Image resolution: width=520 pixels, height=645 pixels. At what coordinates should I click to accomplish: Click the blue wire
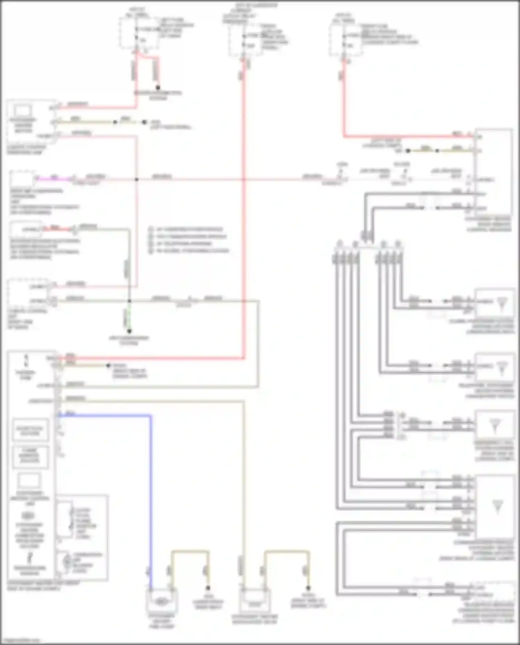151,485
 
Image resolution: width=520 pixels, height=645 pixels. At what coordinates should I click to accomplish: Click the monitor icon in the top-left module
22,111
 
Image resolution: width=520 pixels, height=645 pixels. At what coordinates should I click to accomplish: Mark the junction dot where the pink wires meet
137,179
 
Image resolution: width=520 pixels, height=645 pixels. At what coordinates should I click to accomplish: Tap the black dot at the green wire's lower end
129,331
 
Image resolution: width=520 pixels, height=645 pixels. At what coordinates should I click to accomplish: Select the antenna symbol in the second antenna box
501,368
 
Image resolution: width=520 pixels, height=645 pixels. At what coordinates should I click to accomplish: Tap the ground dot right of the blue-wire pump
208,588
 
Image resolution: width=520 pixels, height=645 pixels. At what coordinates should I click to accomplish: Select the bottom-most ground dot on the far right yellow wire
308,588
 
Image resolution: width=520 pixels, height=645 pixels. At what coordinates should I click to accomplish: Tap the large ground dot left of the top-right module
408,151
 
